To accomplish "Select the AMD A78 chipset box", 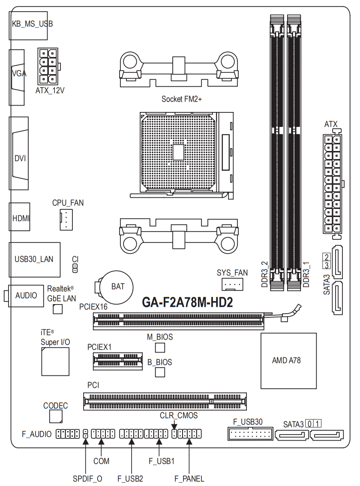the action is pyautogui.click(x=288, y=361).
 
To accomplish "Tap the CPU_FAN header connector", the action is pyautogui.click(x=66, y=220).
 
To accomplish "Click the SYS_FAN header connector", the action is pyautogui.click(x=232, y=284).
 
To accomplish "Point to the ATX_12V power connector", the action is pyautogui.click(x=48, y=66).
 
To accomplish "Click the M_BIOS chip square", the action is pyautogui.click(x=160, y=348).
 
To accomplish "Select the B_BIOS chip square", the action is pyautogui.click(x=160, y=372).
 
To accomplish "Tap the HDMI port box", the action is pyautogui.click(x=20, y=217).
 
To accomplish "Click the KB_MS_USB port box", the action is pyautogui.click(x=28, y=26).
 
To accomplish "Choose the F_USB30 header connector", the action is pyautogui.click(x=250, y=434).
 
